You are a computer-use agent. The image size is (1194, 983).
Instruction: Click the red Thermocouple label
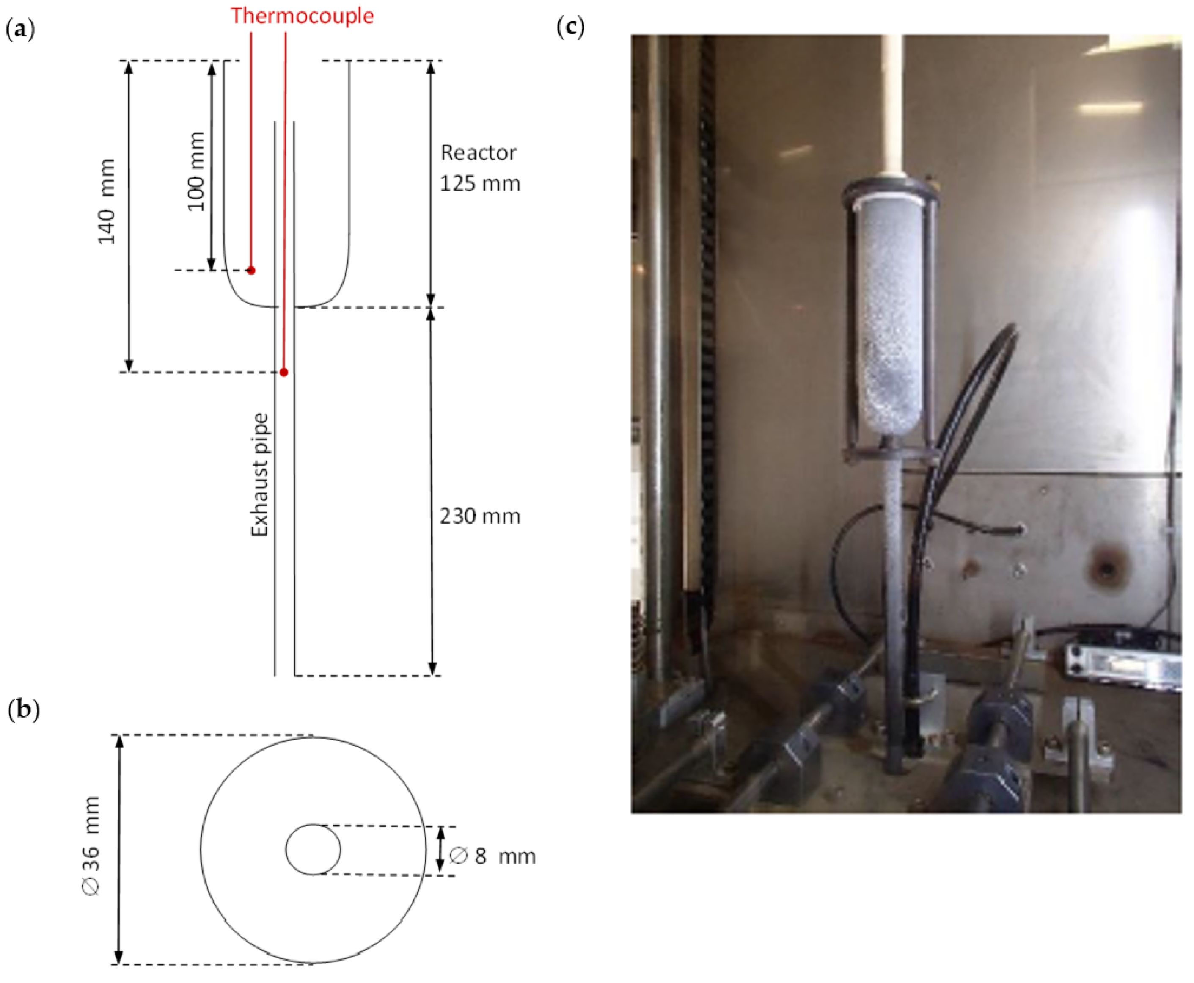(302, 15)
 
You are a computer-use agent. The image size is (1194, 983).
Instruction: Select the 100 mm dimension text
(196, 171)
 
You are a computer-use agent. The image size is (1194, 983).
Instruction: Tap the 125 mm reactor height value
(480, 183)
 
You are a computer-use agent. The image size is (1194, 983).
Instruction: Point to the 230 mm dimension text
(480, 516)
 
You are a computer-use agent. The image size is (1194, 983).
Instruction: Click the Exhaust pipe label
(260, 475)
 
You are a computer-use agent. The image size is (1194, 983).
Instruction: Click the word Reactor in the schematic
(478, 153)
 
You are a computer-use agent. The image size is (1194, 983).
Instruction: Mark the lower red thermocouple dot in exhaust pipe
(284, 372)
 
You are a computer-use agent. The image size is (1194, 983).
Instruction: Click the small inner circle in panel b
(313, 849)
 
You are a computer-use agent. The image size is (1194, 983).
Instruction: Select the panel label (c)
(570, 27)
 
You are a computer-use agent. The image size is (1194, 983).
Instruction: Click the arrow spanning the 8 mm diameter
(441, 849)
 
